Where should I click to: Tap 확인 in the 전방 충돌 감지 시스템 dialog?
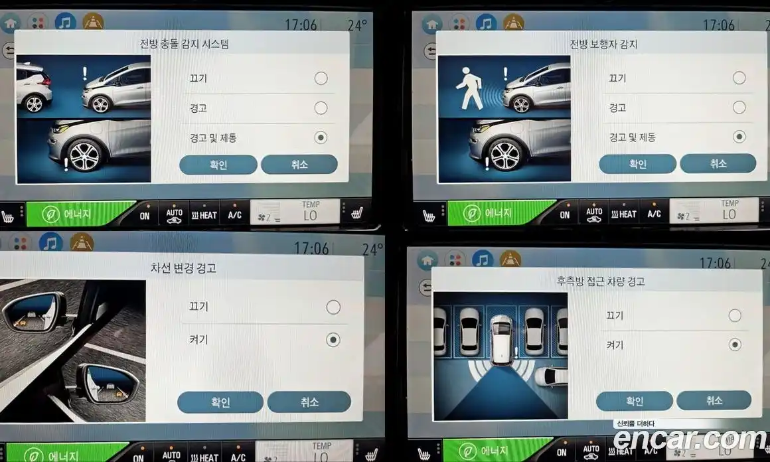(x=218, y=165)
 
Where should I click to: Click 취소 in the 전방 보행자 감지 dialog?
(x=718, y=163)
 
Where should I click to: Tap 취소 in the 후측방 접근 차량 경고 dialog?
(x=714, y=401)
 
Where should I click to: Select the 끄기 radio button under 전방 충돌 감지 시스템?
(x=321, y=78)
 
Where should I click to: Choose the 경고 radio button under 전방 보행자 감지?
(x=739, y=107)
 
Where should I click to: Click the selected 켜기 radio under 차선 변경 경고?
(x=333, y=340)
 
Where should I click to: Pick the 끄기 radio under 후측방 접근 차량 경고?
(x=735, y=315)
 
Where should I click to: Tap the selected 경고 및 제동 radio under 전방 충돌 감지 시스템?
(x=321, y=137)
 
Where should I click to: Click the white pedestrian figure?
(x=469, y=88)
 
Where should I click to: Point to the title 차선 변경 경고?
(x=183, y=268)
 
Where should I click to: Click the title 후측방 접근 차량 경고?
(x=601, y=281)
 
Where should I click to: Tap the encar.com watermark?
(x=690, y=438)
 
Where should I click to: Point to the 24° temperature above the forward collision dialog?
(x=358, y=25)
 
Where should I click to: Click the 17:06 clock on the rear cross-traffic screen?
(x=716, y=263)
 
